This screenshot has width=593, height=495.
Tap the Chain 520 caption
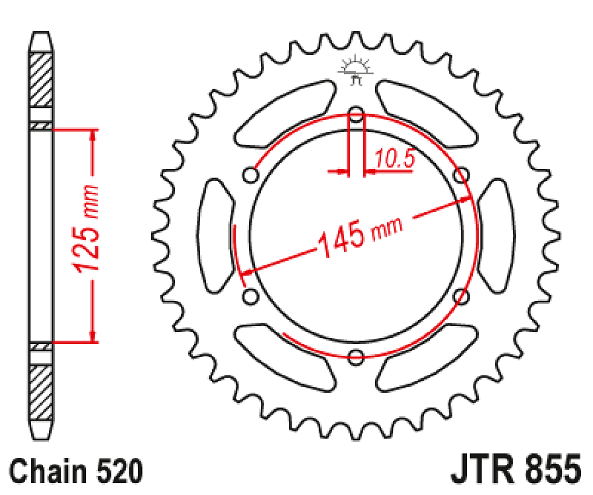click(77, 473)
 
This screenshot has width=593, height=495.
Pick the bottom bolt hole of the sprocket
click(356, 357)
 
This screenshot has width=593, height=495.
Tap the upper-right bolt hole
click(462, 176)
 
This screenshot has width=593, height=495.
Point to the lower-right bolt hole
click(462, 297)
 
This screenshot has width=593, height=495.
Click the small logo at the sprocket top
click(356, 70)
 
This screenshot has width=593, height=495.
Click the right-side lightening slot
click(496, 236)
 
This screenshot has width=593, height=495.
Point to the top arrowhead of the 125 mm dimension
click(94, 135)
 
